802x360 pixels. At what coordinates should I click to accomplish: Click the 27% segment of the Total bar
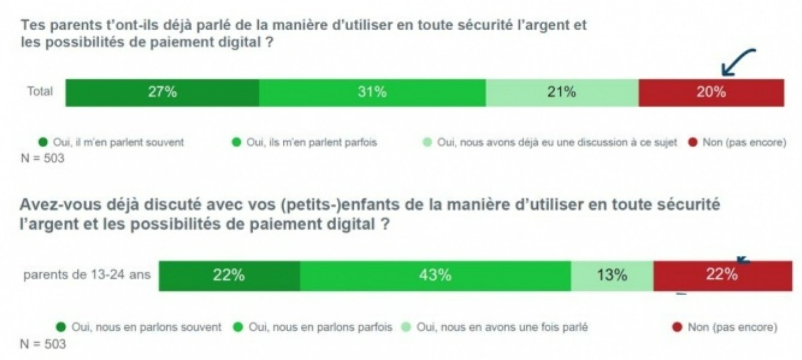pos(162,92)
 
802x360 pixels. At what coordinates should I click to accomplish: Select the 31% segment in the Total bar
pos(372,92)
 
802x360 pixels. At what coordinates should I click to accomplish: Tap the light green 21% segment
pos(562,92)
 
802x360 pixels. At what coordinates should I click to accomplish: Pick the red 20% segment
pos(711,92)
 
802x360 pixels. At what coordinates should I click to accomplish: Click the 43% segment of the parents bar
pos(435,276)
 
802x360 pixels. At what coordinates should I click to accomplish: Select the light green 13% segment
pos(612,276)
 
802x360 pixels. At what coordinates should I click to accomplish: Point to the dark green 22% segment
pos(229,276)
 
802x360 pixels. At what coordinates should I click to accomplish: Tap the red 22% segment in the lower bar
pos(722,276)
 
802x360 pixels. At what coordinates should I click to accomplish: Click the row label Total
pos(40,92)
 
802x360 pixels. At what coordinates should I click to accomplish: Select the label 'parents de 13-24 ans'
pos(87,276)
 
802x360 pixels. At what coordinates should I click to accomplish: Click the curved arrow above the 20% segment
pos(738,62)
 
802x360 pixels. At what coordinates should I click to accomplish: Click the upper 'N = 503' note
pos(43,159)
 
